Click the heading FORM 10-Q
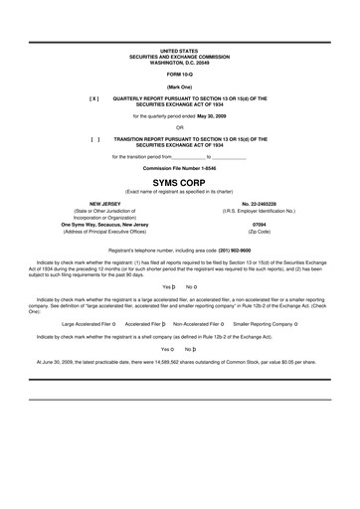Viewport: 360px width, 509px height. pos(179,75)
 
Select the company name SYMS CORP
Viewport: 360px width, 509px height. pos(179,181)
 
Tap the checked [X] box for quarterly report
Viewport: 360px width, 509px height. pos(94,99)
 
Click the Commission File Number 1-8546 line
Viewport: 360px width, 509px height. pos(179,169)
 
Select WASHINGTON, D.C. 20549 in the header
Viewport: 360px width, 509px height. pos(179,62)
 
